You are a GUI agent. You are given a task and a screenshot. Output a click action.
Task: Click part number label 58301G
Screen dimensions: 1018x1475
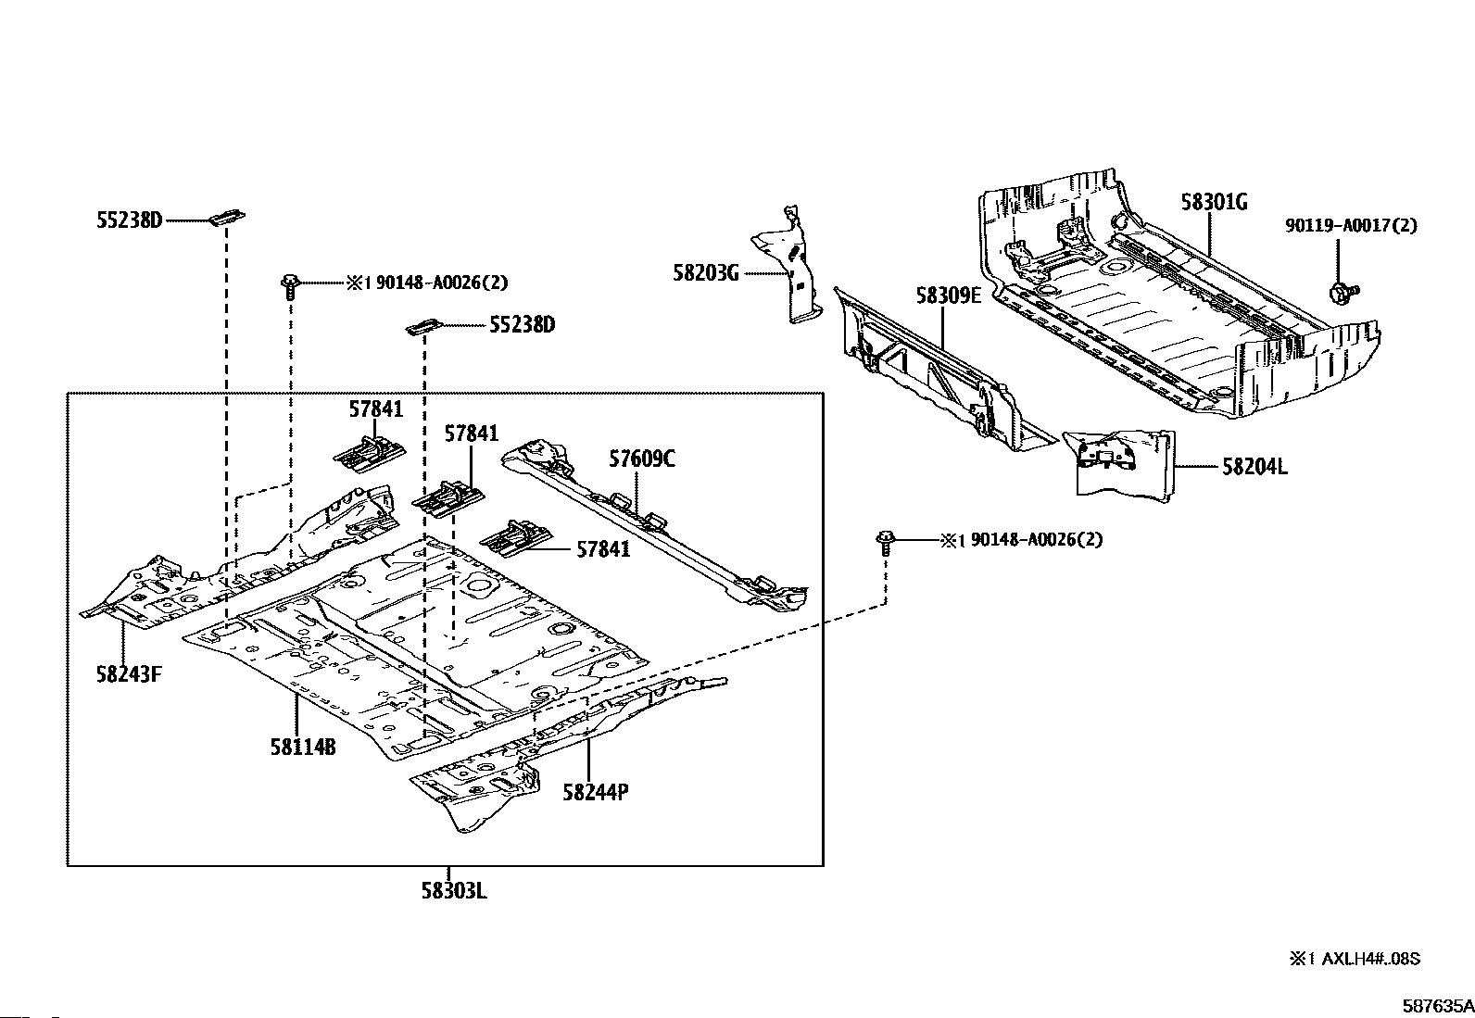1214,201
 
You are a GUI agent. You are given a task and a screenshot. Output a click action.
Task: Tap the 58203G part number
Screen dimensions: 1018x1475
706,272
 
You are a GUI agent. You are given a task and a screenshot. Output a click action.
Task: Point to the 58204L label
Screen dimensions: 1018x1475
1254,467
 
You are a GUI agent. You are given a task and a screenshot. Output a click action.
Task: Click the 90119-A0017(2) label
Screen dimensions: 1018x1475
1350,225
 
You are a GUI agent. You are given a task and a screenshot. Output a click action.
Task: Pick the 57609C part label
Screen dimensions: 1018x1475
642,458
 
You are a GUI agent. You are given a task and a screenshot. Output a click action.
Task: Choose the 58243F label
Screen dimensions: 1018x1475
129,673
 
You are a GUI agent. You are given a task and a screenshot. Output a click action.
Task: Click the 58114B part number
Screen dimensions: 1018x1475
303,746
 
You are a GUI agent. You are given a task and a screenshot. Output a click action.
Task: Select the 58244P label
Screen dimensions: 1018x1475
596,792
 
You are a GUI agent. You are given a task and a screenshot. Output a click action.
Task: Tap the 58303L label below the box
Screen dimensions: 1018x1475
454,891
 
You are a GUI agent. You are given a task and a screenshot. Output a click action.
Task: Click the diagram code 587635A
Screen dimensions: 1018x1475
1436,1005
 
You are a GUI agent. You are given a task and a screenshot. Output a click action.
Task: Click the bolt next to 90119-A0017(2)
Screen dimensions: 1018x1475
1341,293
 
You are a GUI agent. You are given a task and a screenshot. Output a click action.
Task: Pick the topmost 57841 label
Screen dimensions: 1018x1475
376,408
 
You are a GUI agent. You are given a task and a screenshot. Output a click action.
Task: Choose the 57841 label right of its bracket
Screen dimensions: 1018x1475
602,549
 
